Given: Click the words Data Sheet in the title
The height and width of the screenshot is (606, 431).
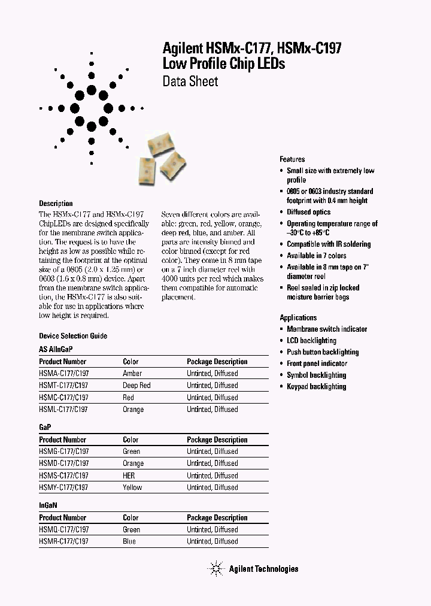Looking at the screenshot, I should (190, 81).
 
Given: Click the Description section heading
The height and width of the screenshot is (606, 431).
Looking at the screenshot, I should (56, 204).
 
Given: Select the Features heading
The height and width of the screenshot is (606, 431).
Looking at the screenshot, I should (292, 159).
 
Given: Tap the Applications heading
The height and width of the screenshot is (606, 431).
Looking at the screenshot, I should (298, 317).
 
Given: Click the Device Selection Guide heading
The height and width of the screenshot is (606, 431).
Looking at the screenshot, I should (73, 336).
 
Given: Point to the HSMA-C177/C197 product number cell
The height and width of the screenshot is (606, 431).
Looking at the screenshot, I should (63, 374).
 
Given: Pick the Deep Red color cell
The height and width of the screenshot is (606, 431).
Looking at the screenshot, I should (136, 386).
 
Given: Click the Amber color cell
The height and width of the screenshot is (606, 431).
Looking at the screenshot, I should (132, 374).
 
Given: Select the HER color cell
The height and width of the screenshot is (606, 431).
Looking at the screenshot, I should (129, 475).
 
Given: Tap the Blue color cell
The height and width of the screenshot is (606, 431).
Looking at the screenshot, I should (129, 541).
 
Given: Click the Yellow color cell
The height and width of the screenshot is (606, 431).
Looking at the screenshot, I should (132, 487).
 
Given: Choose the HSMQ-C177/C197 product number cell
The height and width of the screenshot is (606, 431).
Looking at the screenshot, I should (63, 529).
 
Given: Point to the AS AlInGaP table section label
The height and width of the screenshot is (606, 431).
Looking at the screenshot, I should (56, 349).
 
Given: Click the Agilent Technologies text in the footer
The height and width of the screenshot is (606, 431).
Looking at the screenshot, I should (263, 569).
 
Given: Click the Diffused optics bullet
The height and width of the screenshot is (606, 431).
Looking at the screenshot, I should (309, 212).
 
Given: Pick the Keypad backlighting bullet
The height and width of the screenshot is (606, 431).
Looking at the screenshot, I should (316, 386).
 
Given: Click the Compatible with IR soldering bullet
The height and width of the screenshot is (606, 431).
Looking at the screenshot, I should (328, 244).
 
